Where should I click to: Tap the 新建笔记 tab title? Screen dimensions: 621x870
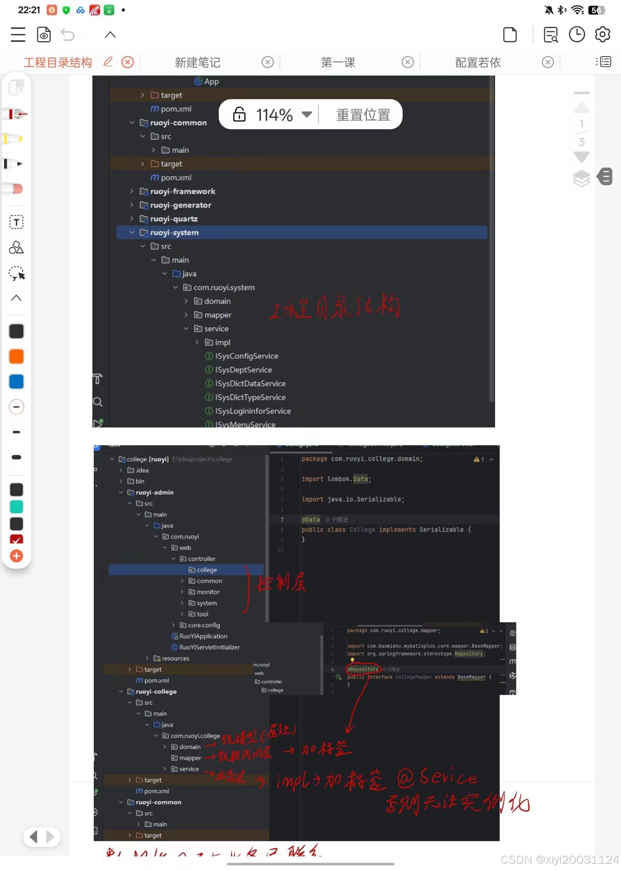pos(197,63)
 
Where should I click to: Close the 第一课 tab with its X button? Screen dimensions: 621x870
pos(408,62)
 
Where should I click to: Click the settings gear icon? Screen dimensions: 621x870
pos(602,34)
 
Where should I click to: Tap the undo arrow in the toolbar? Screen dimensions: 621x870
pos(67,34)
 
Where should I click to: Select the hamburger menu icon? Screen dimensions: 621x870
pos(18,34)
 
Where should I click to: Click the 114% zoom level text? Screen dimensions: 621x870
pos(274,115)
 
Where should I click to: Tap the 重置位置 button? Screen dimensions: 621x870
pos(363,115)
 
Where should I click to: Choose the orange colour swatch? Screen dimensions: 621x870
pos(16,357)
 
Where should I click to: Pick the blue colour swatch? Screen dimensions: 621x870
pos(16,382)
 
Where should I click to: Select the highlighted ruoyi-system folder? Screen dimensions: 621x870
pos(174,232)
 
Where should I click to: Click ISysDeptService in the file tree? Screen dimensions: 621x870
pos(243,370)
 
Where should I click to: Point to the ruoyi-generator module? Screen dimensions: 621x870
pos(180,205)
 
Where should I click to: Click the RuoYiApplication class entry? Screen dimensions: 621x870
pos(203,636)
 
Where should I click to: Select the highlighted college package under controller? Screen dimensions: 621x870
pos(207,570)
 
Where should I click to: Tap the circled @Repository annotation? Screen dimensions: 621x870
pos(363,669)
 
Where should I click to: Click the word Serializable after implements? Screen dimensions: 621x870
pos(441,530)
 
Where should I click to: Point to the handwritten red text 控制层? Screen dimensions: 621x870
pos(281,582)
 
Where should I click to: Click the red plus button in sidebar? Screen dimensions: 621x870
pos(16,556)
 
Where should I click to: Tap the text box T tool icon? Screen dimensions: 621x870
pos(16,222)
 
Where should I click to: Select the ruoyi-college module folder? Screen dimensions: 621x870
pos(156,691)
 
